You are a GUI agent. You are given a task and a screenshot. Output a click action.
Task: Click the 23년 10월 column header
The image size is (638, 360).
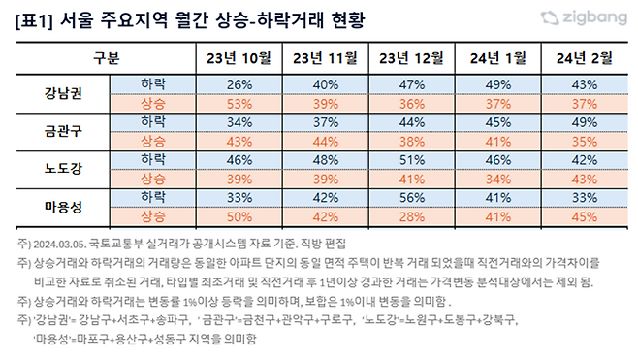click(x=234, y=57)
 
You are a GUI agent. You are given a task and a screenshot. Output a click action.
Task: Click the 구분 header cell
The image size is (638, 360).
click(x=108, y=57)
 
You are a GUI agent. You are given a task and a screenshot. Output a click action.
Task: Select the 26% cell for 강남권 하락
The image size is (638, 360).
click(x=234, y=85)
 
